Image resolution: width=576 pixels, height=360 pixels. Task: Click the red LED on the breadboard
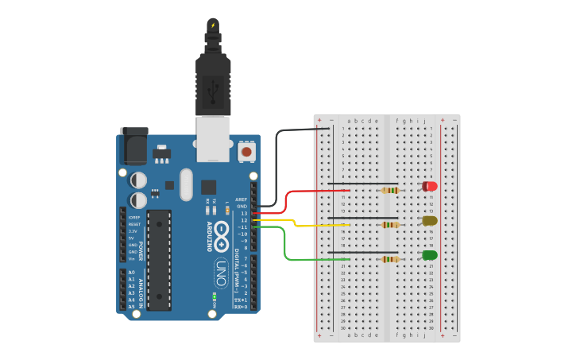[430, 186]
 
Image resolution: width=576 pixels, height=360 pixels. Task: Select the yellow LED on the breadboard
[430, 220]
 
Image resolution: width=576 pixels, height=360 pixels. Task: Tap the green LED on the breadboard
[430, 255]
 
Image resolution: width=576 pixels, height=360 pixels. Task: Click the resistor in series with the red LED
[390, 191]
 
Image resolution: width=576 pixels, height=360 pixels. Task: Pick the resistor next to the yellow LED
[390, 225]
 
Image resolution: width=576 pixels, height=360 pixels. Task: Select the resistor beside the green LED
[390, 259]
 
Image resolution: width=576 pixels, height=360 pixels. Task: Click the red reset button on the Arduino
[246, 151]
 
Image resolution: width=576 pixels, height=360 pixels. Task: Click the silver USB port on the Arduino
[213, 139]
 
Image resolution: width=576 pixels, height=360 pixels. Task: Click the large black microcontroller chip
[159, 259]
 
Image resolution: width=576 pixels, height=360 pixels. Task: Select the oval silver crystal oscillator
[187, 184]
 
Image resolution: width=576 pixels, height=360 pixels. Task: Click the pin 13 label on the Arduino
[243, 214]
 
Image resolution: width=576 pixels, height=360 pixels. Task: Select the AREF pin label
[242, 199]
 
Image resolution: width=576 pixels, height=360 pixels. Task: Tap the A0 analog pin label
[131, 273]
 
